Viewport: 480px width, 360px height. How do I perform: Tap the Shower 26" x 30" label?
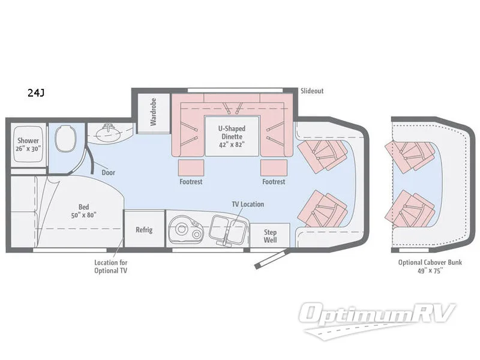coord(28,145)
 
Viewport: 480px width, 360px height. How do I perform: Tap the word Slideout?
coord(311,91)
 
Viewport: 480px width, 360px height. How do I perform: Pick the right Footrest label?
coord(274,181)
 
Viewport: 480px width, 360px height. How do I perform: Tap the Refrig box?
coord(144,230)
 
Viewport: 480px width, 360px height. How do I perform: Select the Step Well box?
coord(270,235)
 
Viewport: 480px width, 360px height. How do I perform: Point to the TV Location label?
coord(248,204)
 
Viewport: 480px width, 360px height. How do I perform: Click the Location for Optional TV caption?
coord(111,266)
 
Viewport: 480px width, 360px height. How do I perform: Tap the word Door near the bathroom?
coord(109,172)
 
